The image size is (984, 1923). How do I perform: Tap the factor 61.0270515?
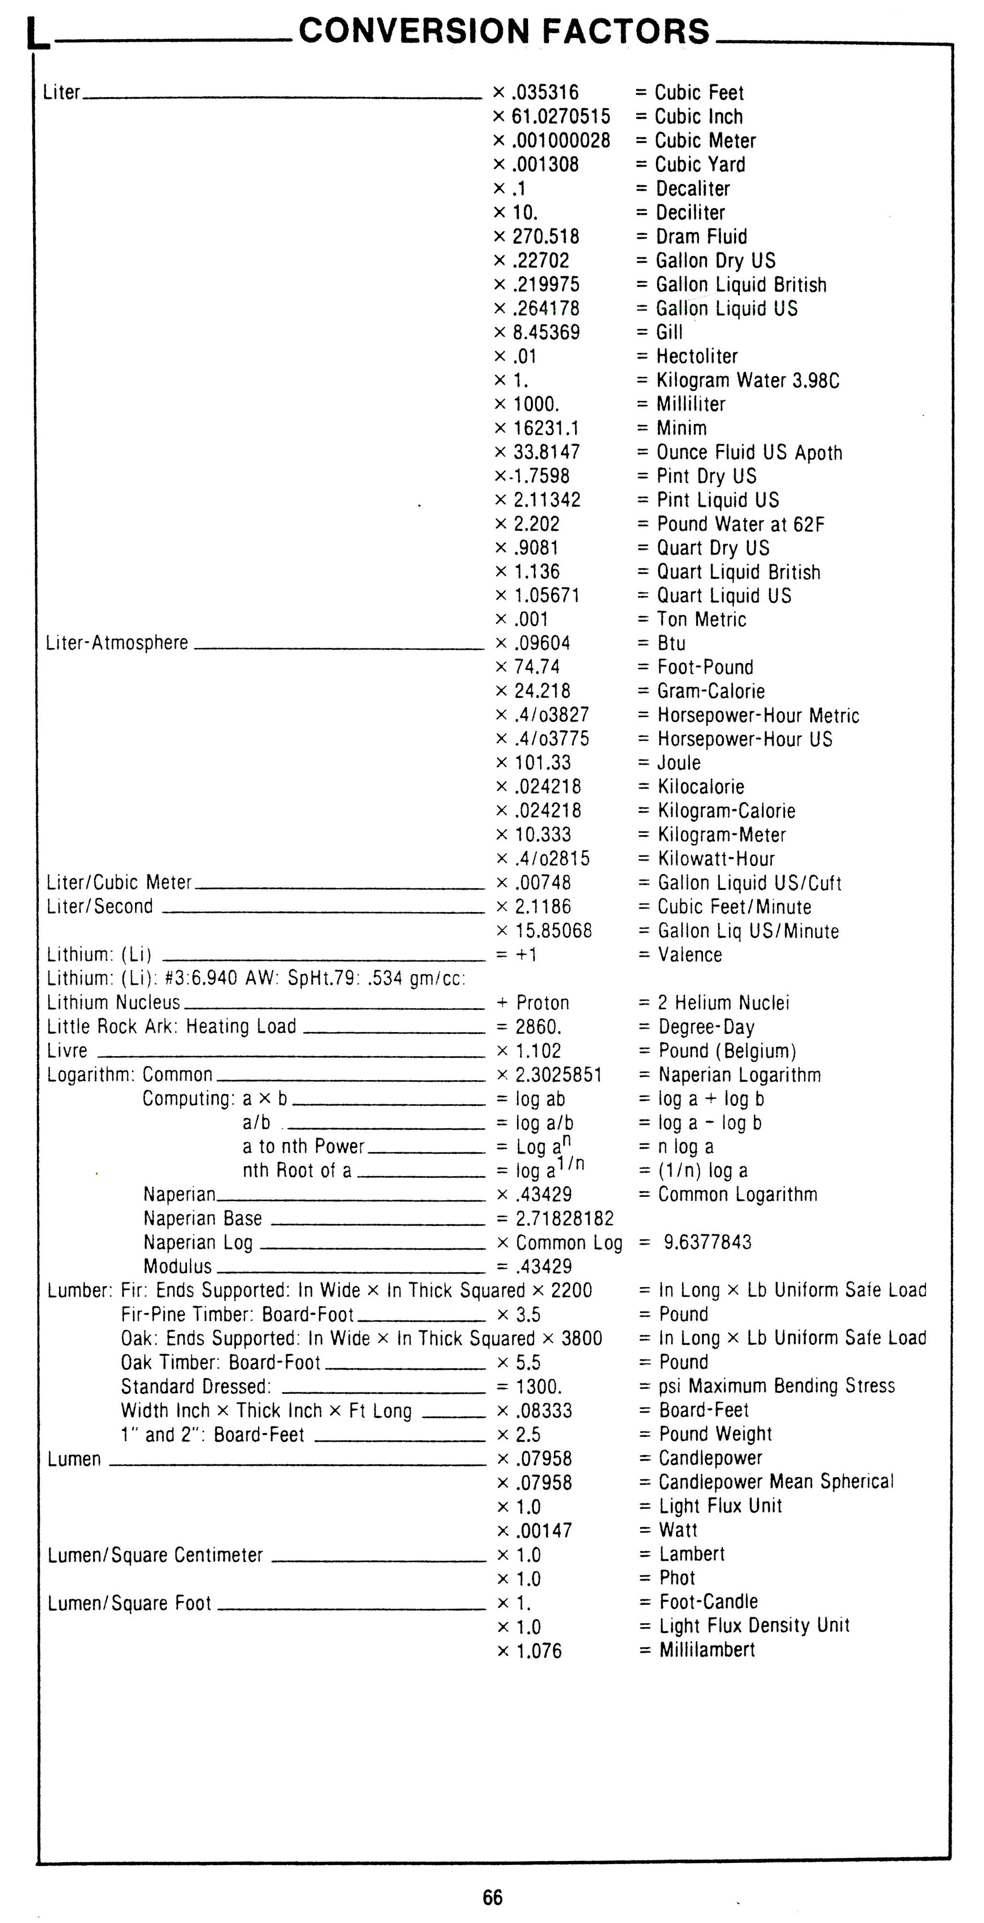click(560, 116)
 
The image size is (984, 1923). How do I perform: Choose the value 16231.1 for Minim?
click(546, 428)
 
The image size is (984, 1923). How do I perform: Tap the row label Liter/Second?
click(100, 906)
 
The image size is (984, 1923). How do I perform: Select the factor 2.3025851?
click(558, 1074)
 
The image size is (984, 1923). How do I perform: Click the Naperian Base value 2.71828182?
click(565, 1218)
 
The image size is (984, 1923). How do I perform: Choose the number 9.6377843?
click(707, 1242)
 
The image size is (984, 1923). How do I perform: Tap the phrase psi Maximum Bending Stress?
click(776, 1386)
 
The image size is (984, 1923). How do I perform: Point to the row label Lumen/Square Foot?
click(130, 1603)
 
